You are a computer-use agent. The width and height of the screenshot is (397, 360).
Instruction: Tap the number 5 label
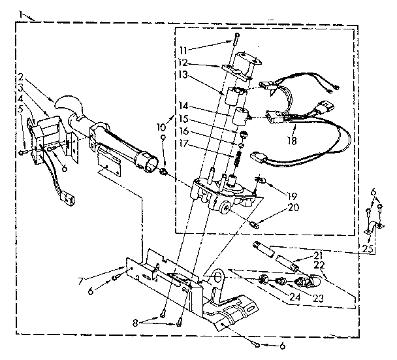21,108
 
